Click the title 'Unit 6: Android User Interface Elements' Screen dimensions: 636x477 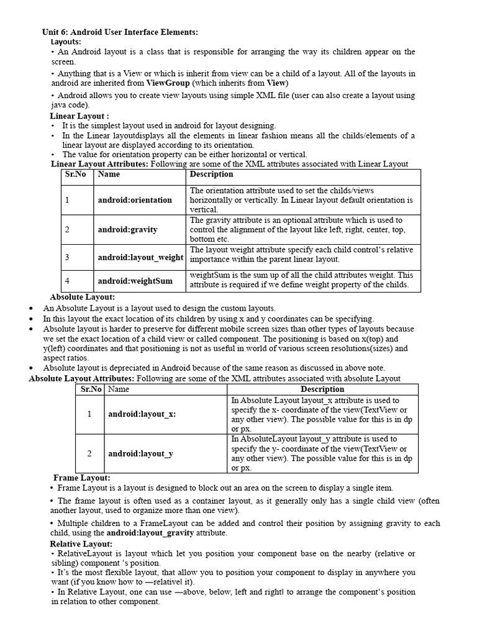click(x=120, y=32)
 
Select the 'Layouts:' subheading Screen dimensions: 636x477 click(x=66, y=41)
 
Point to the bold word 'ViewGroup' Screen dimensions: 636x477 click(x=168, y=83)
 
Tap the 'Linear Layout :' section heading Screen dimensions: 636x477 click(x=79, y=116)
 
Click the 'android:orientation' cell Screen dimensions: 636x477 click(x=135, y=200)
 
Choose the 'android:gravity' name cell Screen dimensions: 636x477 click(x=127, y=230)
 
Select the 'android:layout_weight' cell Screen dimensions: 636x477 click(x=140, y=257)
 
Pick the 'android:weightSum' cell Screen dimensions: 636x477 click(x=135, y=281)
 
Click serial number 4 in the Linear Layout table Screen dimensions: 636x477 click(x=68, y=281)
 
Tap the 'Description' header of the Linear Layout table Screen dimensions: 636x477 click(x=211, y=175)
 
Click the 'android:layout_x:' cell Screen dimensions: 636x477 click(x=142, y=414)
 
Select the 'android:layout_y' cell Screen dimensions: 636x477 click(x=140, y=453)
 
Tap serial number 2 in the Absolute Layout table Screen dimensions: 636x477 click(x=89, y=453)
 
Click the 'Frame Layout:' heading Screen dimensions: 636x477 click(x=82, y=478)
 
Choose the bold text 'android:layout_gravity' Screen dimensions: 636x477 click(x=150, y=533)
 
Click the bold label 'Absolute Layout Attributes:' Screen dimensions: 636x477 click(x=81, y=378)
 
